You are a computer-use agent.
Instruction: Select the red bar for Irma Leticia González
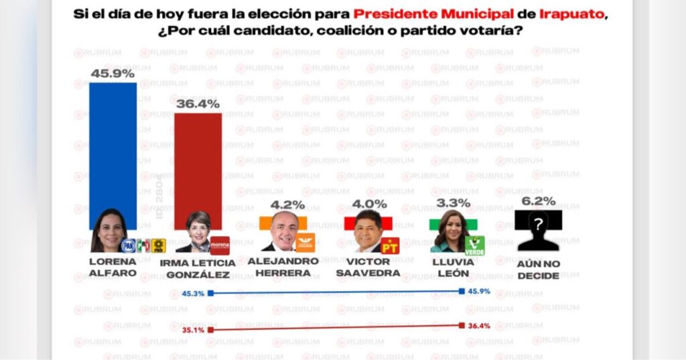pos(198,168)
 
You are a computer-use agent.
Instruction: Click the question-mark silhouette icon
pos(537,231)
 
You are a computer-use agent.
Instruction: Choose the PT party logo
pos(390,245)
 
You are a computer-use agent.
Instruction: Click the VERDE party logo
pos(474,245)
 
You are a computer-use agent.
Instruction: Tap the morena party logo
pos(220,245)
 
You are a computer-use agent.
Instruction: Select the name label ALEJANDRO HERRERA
pos(283,267)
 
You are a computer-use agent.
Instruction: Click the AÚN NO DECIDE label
pos(537,269)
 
